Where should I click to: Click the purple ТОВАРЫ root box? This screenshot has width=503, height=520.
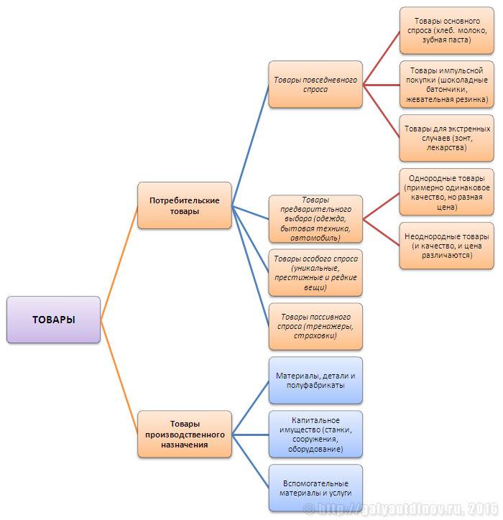[x=53, y=320]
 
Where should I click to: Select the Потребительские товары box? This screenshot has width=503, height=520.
[x=185, y=205]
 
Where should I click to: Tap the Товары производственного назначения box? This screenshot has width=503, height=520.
[x=185, y=435]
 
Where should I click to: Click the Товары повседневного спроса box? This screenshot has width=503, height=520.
[x=315, y=85]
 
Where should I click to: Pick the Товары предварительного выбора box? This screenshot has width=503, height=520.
[x=315, y=218]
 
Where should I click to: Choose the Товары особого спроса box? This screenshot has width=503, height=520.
[x=315, y=272]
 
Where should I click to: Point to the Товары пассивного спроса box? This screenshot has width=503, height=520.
[x=315, y=326]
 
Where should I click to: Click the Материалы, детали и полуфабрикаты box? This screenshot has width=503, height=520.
[x=315, y=380]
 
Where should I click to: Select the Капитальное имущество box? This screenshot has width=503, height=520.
[x=315, y=434]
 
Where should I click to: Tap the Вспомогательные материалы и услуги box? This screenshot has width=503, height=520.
[x=315, y=488]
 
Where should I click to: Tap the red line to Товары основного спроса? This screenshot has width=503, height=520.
[x=382, y=57]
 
